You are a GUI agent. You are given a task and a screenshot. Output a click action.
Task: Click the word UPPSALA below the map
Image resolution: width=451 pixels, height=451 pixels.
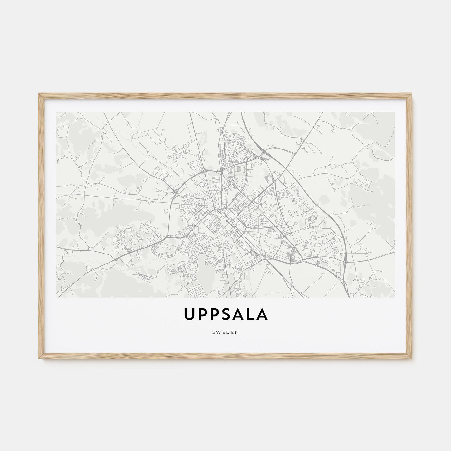pyautogui.click(x=225, y=315)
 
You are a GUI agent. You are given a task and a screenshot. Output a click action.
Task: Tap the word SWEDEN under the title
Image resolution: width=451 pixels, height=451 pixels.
pyautogui.click(x=225, y=332)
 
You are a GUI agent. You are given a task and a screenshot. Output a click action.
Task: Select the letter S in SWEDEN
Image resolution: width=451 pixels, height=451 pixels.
pyautogui.click(x=213, y=332)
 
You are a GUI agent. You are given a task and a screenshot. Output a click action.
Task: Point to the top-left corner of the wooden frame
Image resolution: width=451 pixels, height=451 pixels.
pyautogui.click(x=38, y=93)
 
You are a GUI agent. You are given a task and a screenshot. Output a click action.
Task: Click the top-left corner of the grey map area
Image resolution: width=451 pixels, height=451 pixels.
pyautogui.click(x=56, y=112)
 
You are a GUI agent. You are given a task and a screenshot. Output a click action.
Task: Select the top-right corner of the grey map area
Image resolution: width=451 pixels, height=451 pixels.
pyautogui.click(x=395, y=112)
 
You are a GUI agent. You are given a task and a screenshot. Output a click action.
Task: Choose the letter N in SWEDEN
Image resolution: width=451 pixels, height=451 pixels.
pyautogui.click(x=237, y=332)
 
